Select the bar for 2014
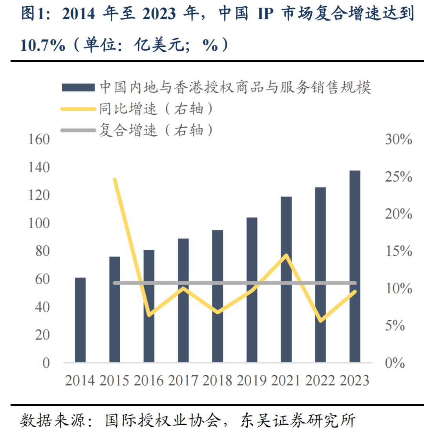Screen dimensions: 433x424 click(80, 320)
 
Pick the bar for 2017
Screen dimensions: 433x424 click(183, 300)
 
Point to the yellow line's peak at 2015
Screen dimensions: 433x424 click(115, 180)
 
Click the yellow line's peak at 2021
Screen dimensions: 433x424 click(287, 255)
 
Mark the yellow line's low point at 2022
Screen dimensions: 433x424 click(321, 321)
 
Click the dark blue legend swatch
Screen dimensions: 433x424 click(78, 87)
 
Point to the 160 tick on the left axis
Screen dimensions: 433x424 click(39, 139)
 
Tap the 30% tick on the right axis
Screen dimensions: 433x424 click(398, 139)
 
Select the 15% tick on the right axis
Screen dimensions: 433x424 click(398, 251)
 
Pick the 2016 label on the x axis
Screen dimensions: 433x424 click(149, 380)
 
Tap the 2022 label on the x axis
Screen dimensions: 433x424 click(320, 380)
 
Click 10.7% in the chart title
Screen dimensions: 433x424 click(42, 46)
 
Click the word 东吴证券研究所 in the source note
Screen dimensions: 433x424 click(298, 420)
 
